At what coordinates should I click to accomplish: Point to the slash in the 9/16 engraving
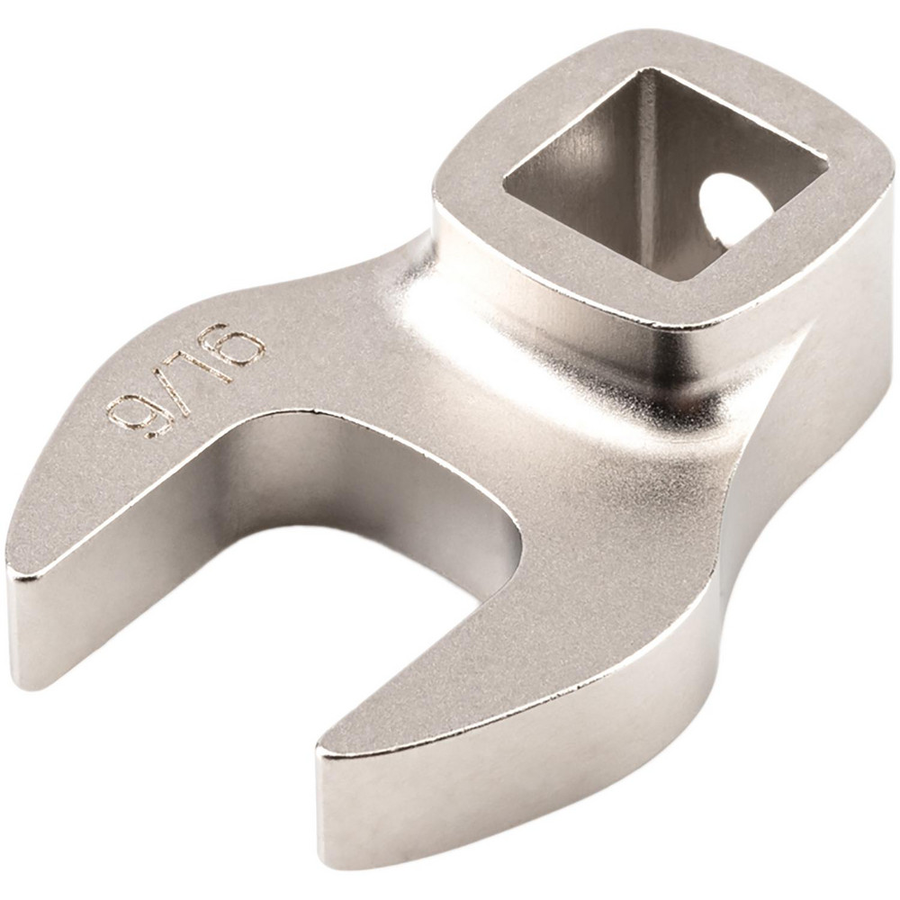176,388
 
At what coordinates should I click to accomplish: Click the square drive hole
666,175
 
